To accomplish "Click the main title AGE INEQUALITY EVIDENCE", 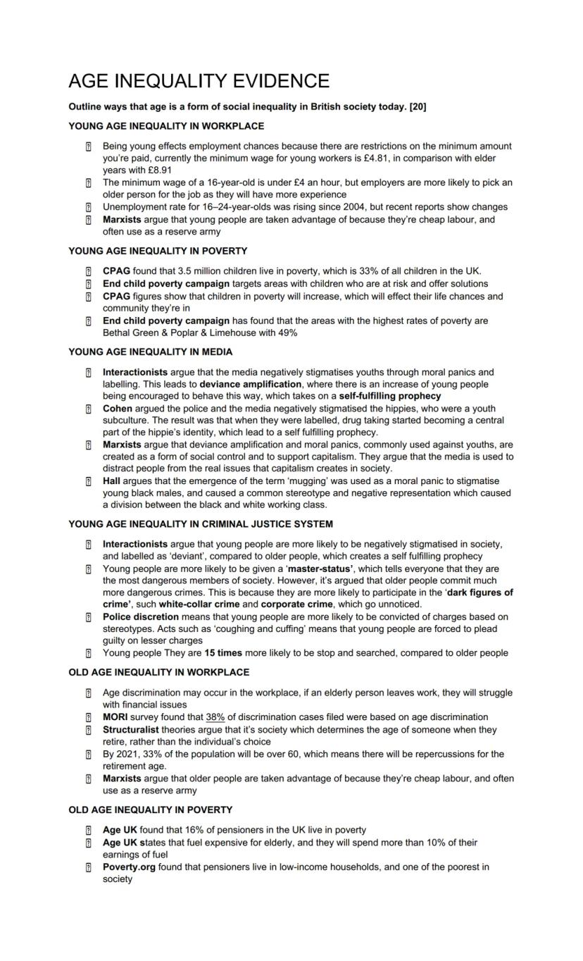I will [199, 81].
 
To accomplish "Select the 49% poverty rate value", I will [286, 333].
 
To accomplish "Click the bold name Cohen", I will [117, 409].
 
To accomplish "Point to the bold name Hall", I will [112, 481].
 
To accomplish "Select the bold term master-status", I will [324, 569].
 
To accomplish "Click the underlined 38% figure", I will [215, 717].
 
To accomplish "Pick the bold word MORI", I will [116, 717].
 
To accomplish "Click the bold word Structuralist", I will [130, 730].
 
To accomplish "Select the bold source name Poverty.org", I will [129, 867].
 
